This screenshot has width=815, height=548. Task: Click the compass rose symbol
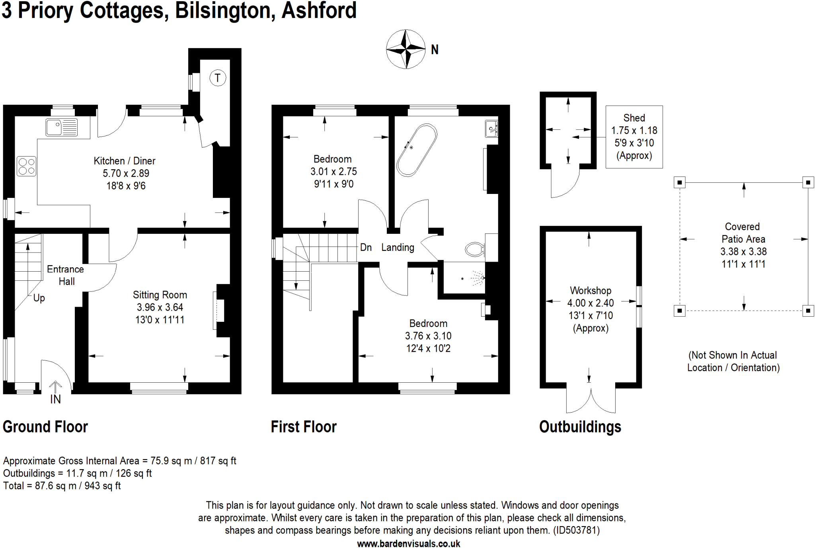pyautogui.click(x=406, y=49)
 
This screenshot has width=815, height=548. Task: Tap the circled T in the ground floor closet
pyautogui.click(x=217, y=78)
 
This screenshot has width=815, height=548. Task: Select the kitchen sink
pyautogui.click(x=61, y=127)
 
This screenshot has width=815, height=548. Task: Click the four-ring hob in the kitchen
pyautogui.click(x=26, y=166)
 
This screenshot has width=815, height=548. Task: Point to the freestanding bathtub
pyautogui.click(x=417, y=150)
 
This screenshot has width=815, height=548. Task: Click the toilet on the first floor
pyautogui.click(x=475, y=249)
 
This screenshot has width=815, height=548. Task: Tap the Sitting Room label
pyautogui.click(x=160, y=295)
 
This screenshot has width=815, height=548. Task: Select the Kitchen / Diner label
pyautogui.click(x=124, y=161)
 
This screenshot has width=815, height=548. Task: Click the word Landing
pyautogui.click(x=398, y=247)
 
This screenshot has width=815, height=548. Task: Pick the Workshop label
pyautogui.click(x=590, y=290)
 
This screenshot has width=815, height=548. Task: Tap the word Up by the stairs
pyautogui.click(x=39, y=298)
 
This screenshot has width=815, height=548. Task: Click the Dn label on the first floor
pyautogui.click(x=366, y=247)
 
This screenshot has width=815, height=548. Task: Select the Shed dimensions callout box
pyautogui.click(x=634, y=137)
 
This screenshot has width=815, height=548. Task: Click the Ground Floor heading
pyautogui.click(x=45, y=427)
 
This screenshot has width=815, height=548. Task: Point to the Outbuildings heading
pyautogui.click(x=580, y=427)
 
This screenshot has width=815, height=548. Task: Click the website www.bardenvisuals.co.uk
pyautogui.click(x=408, y=543)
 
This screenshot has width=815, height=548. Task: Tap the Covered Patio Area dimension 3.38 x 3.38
pyautogui.click(x=743, y=251)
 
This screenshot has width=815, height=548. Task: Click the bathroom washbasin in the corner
pyautogui.click(x=491, y=128)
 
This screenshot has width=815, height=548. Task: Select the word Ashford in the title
pyautogui.click(x=319, y=10)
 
